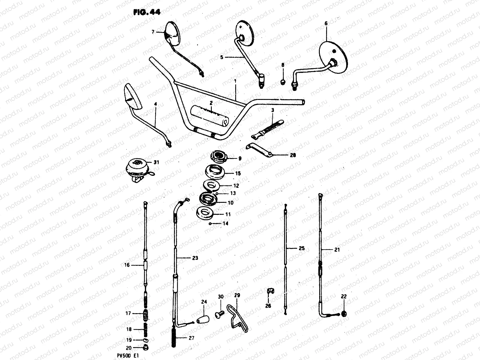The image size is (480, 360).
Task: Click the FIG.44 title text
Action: [147, 12]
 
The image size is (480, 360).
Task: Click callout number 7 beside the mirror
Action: [153, 31]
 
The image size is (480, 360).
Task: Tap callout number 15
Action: [238, 173]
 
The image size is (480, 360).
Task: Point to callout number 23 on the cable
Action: [195, 258]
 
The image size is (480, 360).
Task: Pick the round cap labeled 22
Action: [343, 314]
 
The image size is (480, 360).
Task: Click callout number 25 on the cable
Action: [301, 248]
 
